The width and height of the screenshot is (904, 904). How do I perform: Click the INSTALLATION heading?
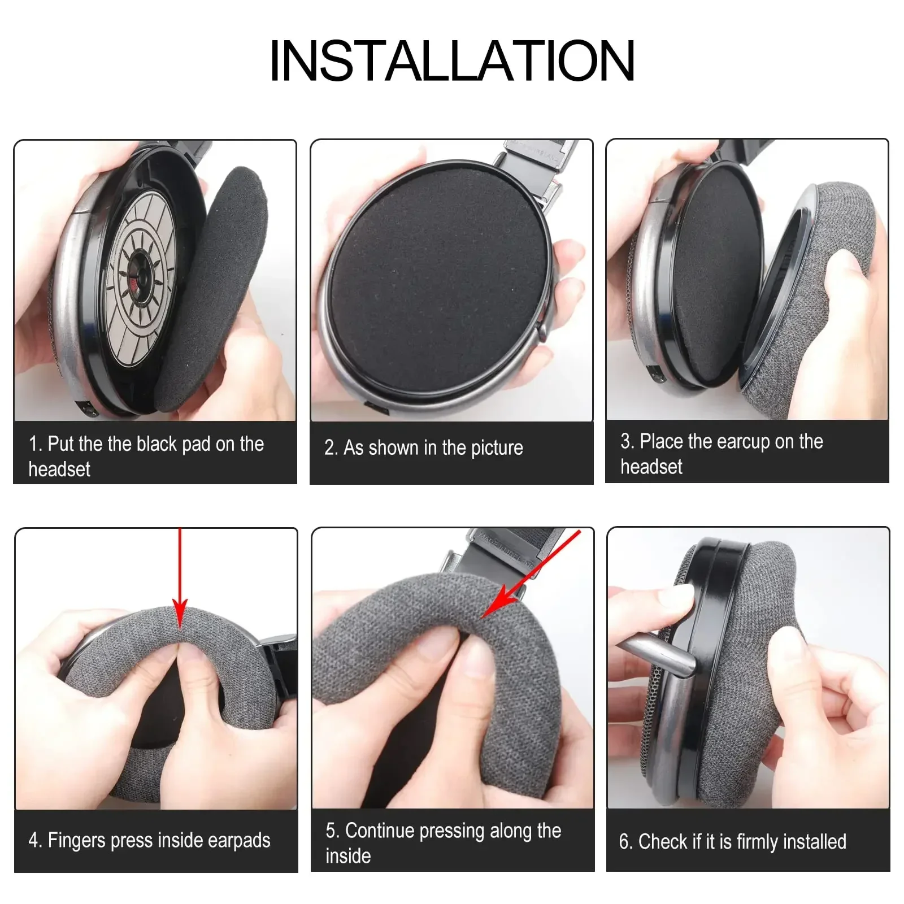[x=452, y=60]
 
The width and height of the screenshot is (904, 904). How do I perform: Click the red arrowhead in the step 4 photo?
[x=180, y=613]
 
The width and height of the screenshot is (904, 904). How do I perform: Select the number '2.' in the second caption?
[x=331, y=448]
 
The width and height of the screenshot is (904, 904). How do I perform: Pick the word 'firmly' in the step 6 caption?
[x=756, y=842]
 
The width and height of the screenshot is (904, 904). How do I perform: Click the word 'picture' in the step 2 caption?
[x=497, y=448]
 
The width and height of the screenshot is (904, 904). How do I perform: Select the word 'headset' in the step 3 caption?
[x=651, y=467]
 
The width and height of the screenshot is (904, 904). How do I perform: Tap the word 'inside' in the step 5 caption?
[x=348, y=856]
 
